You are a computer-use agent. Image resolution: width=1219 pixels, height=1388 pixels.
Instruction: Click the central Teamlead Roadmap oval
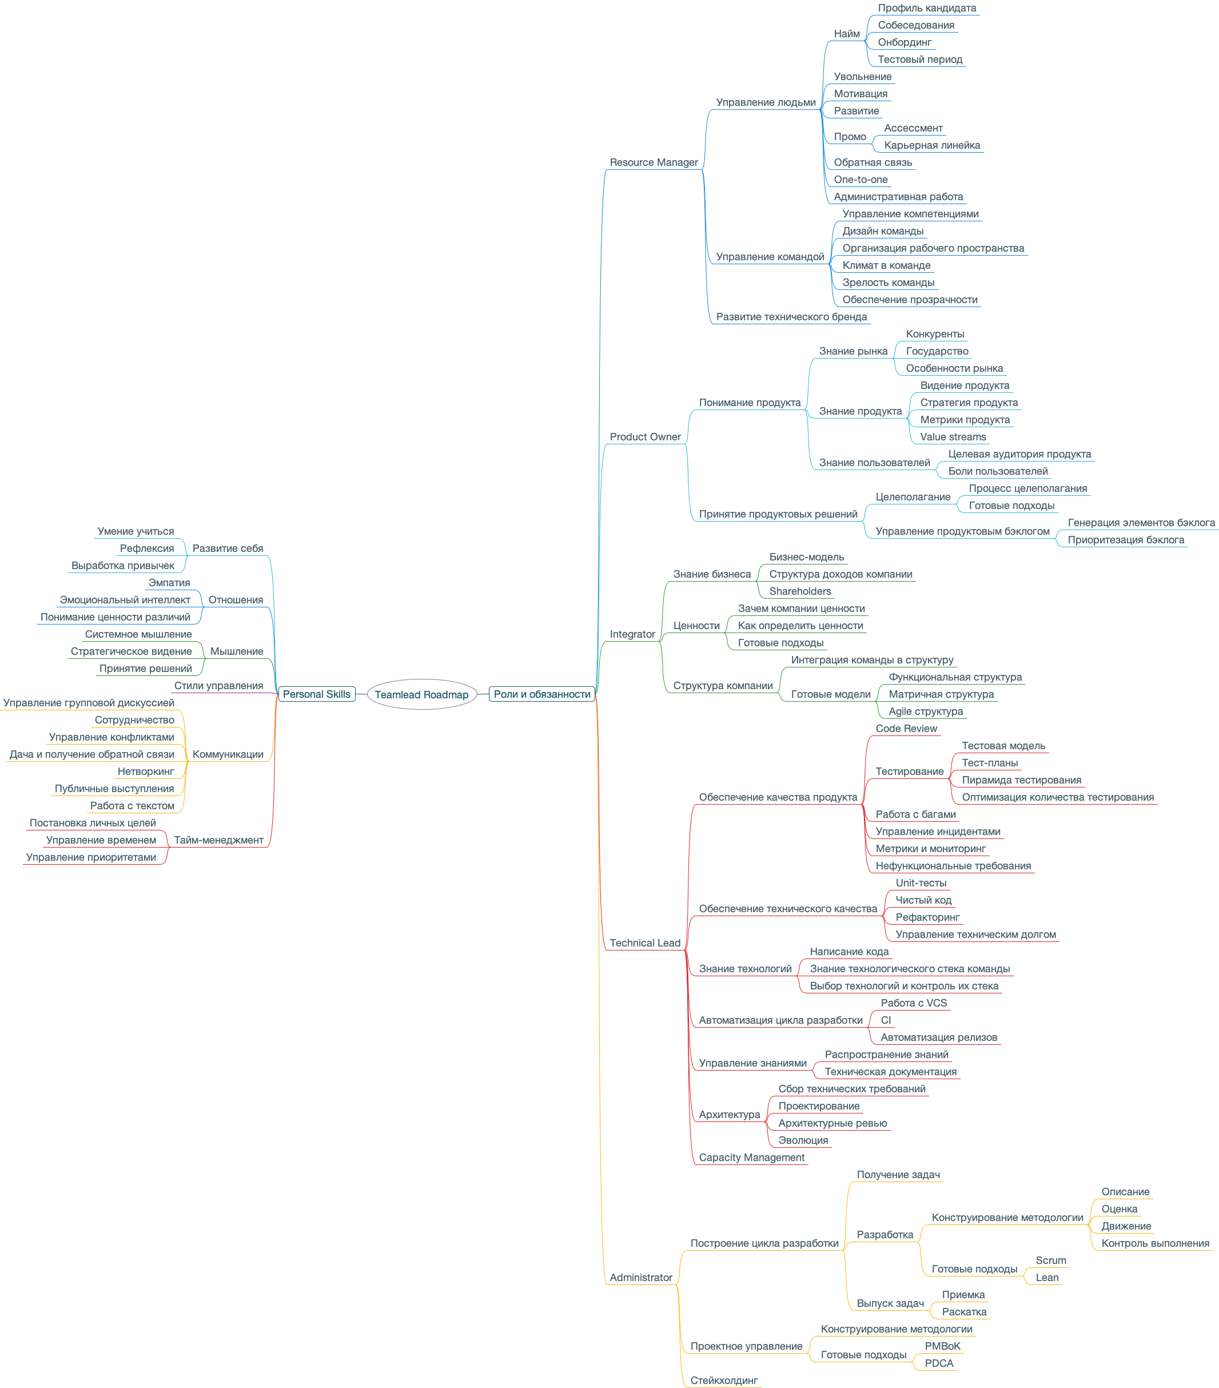pos(421,694)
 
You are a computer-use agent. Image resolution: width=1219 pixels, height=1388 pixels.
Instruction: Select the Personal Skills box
pos(316,694)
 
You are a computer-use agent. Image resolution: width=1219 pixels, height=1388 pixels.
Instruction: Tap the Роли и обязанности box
pos(541,694)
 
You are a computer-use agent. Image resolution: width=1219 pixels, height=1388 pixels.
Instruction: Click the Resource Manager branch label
pos(653,162)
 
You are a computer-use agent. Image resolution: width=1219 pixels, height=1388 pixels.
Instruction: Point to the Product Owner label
pos(645,436)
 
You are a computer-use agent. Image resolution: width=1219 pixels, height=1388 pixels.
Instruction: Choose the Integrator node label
pos(632,634)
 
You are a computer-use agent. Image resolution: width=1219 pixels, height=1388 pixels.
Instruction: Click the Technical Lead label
pos(644,942)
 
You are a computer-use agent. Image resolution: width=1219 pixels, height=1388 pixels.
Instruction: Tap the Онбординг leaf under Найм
pos(904,42)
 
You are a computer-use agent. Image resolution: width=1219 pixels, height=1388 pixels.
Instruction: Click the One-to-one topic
pos(860,179)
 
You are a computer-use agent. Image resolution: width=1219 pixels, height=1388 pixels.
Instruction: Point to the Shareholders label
pos(799,591)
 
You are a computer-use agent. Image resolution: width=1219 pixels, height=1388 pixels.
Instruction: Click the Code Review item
pos(906,729)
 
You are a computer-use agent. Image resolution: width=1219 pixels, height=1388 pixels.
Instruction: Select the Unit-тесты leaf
pos(921,883)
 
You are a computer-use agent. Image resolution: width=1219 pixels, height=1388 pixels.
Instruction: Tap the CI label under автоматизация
pos(885,1020)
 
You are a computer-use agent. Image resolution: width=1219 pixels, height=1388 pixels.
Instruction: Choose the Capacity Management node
pos(751,1157)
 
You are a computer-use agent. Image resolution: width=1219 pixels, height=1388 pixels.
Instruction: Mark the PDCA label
pos(939,1363)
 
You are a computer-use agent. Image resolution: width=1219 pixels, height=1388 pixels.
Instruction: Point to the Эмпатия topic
pos(169,583)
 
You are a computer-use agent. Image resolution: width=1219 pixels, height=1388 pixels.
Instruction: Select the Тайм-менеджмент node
pos(218,840)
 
